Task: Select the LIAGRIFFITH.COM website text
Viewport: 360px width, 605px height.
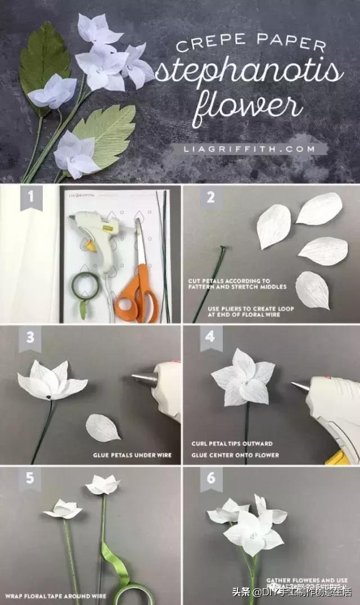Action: (248, 149)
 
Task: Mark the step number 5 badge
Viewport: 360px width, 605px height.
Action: (31, 479)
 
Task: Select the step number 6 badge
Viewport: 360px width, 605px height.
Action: (210, 479)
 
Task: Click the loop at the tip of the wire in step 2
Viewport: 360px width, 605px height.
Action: (223, 248)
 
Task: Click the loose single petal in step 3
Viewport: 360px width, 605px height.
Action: (102, 427)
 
